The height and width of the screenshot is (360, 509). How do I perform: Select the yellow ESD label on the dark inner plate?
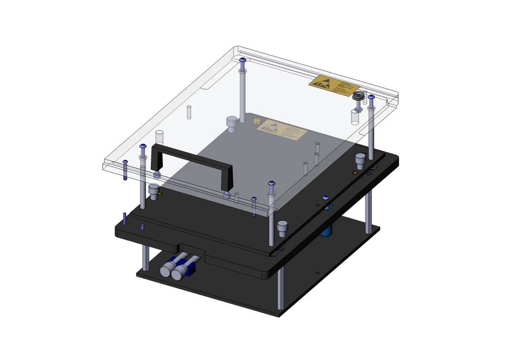coord(282,129)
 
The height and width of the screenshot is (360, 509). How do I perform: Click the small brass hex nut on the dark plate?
coord(257,121)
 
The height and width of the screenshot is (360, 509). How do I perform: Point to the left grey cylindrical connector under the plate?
coord(168,270)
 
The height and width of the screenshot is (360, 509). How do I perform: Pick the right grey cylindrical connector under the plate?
coord(180,273)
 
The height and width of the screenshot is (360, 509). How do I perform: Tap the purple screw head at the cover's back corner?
coord(244,61)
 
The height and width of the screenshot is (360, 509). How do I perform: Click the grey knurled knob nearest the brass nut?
coord(232,123)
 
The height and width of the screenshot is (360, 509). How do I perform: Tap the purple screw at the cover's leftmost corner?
coord(125,162)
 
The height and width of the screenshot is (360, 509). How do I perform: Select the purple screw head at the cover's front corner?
coord(272,183)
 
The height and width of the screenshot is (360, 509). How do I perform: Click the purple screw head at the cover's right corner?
coord(371,97)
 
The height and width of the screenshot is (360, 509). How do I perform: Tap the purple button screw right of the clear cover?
coord(326,197)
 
